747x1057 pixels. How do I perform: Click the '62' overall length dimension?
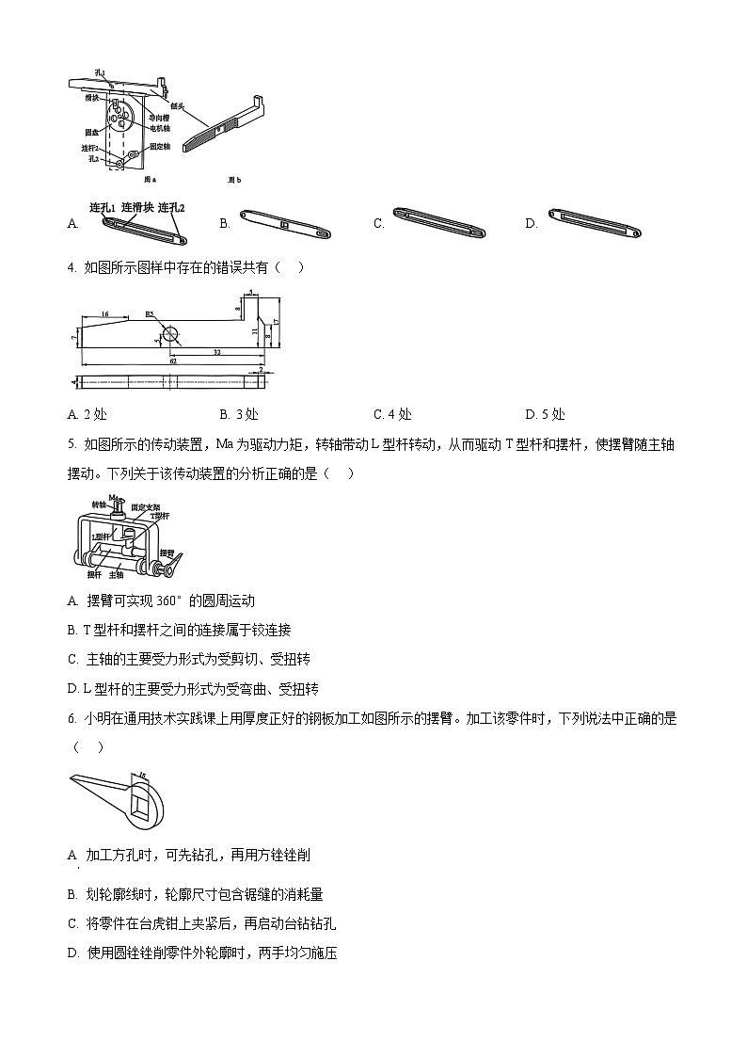point(172,360)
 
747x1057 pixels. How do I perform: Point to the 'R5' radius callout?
point(150,314)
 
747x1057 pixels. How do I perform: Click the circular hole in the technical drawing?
point(169,333)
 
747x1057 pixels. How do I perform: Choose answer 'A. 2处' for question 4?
point(92,414)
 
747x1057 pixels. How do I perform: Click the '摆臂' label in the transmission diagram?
point(167,553)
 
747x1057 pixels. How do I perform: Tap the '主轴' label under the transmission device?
point(117,575)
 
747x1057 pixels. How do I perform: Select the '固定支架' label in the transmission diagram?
point(147,506)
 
